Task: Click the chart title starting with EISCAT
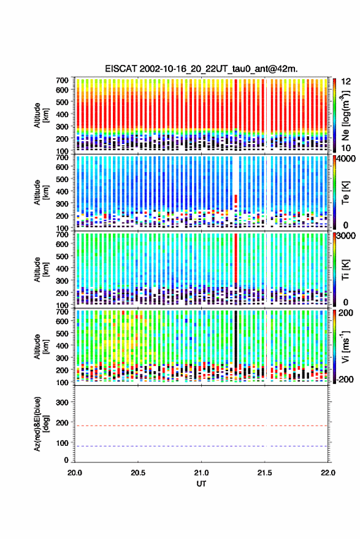[201, 69]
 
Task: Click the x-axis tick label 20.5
[138, 473]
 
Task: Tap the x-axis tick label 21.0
[201, 473]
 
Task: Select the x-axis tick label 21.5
[264, 473]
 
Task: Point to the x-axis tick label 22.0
[327, 473]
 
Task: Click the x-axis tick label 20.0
[75, 473]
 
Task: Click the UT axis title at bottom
[201, 484]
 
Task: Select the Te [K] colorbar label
[345, 193]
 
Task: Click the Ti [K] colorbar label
[345, 270]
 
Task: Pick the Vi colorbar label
[345, 346]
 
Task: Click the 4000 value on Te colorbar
[347, 159]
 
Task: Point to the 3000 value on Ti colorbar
[347, 236]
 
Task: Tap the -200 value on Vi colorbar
[345, 379]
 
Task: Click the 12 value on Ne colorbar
[346, 82]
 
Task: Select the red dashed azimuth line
[201, 426]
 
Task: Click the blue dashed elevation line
[201, 446]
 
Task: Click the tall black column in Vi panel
[236, 337]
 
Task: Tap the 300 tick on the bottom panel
[62, 402]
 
